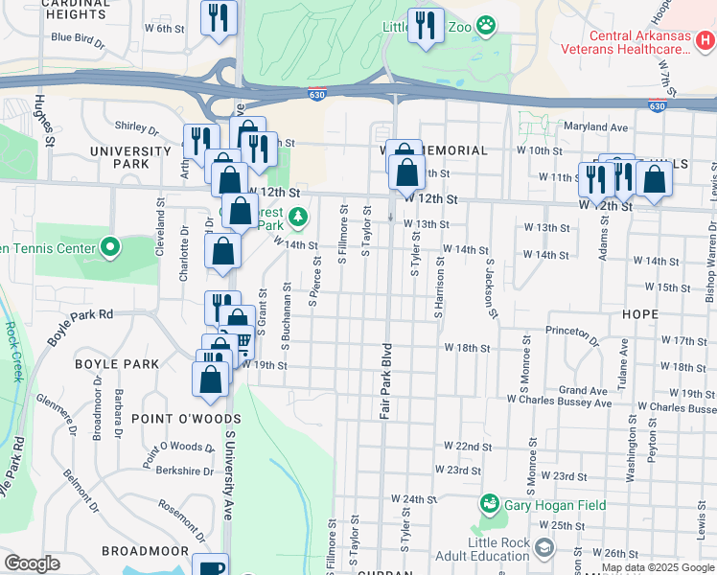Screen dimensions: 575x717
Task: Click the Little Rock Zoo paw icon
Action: click(x=487, y=26)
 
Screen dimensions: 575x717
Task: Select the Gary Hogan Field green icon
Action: click(x=489, y=503)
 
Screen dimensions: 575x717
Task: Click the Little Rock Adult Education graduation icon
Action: click(x=544, y=548)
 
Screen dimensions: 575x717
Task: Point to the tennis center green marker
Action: click(x=110, y=248)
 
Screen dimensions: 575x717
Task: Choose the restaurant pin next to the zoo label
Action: click(x=424, y=25)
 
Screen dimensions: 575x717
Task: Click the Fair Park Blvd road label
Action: click(x=385, y=379)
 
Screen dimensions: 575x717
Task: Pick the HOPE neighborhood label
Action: click(x=639, y=313)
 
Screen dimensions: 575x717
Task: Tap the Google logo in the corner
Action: click(x=32, y=563)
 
